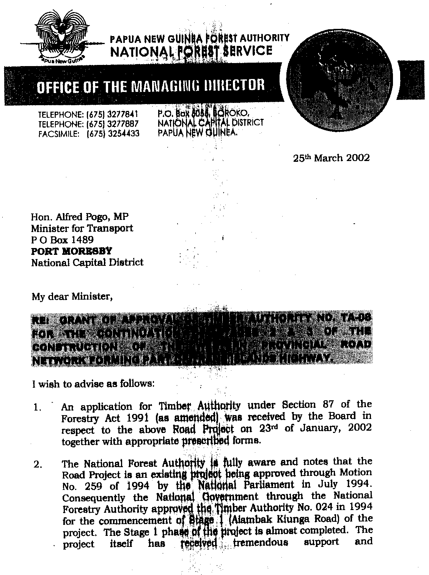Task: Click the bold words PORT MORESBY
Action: coord(72,251)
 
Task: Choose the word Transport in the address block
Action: coord(115,228)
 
